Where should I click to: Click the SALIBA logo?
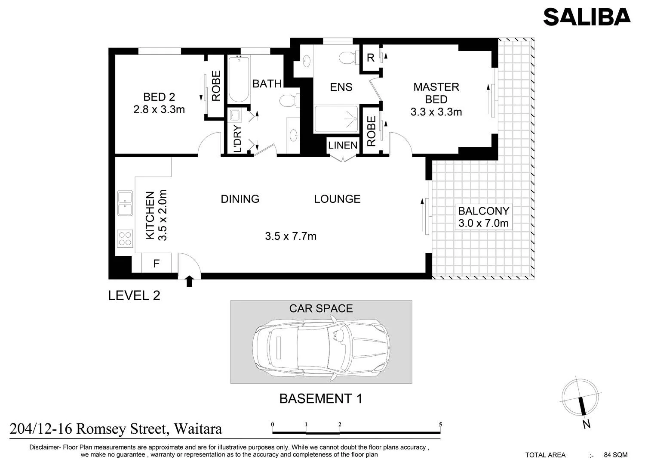click(587, 17)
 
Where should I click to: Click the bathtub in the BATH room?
click(239, 80)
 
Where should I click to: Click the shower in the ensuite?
click(336, 119)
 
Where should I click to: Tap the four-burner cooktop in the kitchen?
click(125, 239)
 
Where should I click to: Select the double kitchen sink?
click(125, 203)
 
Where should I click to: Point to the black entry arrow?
click(189, 281)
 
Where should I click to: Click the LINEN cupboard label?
click(343, 145)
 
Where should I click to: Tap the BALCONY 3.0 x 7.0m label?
click(483, 217)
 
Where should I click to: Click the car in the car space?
click(321, 348)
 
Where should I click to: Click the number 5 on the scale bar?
click(440, 425)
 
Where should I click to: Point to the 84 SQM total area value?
click(616, 455)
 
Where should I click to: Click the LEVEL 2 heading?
click(134, 295)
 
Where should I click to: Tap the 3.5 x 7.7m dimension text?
click(291, 236)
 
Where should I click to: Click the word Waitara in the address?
click(198, 429)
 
